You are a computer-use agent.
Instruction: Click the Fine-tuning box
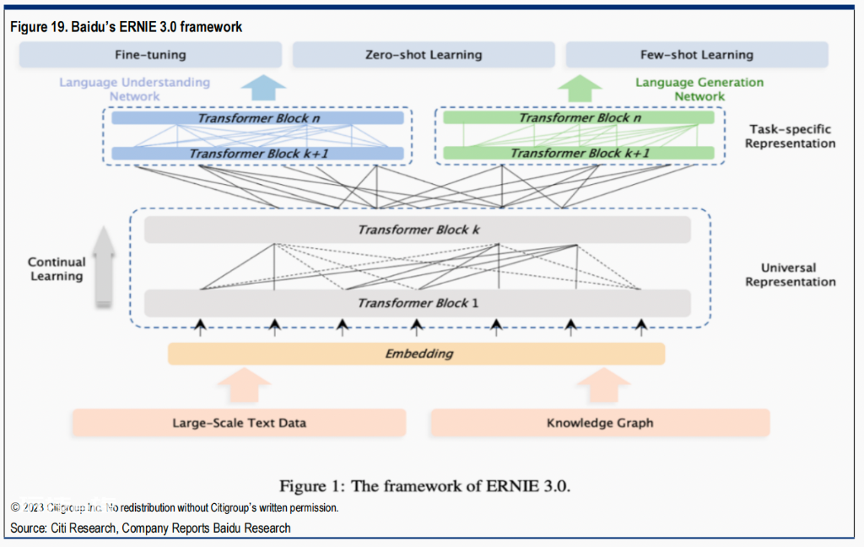click(150, 55)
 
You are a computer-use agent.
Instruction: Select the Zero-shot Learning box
click(424, 55)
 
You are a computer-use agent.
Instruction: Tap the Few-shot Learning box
click(697, 55)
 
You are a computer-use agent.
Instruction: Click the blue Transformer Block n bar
click(258, 118)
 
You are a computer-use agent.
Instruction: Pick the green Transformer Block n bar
click(579, 117)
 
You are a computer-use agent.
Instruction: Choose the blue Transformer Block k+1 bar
click(258, 154)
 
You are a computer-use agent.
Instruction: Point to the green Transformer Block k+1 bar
click(579, 153)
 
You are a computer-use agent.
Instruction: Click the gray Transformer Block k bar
click(418, 230)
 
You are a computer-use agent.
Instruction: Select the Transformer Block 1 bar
click(418, 303)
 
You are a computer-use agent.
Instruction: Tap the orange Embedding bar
click(417, 354)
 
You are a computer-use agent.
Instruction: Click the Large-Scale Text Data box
click(239, 423)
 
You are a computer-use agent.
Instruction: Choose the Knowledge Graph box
click(600, 423)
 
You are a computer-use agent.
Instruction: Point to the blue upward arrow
click(263, 88)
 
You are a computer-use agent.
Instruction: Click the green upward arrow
click(580, 89)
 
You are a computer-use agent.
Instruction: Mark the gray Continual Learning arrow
click(104, 266)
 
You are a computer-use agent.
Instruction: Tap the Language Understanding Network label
click(134, 89)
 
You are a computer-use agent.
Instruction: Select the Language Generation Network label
click(699, 89)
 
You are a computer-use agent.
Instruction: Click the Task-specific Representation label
click(790, 136)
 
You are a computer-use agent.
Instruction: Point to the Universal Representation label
click(790, 274)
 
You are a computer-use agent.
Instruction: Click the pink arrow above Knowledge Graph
click(603, 385)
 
